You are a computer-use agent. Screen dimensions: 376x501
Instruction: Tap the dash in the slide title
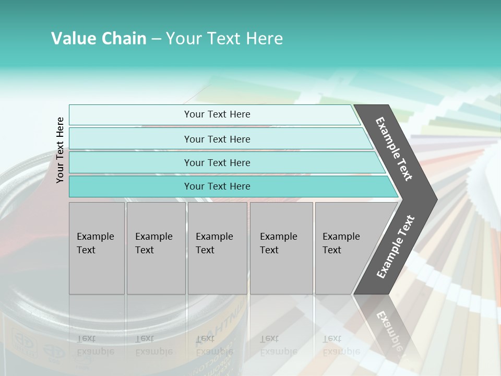click(156, 39)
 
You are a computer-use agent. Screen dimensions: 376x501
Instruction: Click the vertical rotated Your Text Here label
click(60, 150)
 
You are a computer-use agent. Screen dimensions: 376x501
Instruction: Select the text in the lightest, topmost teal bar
click(217, 114)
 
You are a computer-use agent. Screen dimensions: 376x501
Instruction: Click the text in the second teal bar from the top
click(217, 139)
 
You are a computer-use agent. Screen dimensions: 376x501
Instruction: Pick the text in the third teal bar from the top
click(217, 163)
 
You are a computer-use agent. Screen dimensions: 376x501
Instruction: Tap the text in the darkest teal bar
click(217, 186)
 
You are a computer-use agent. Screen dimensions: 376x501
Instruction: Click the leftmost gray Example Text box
click(96, 243)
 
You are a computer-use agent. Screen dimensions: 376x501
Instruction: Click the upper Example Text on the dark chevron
click(394, 149)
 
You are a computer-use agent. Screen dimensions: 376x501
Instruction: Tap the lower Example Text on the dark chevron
click(396, 246)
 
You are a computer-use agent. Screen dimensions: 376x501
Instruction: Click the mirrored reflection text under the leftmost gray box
click(96, 345)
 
